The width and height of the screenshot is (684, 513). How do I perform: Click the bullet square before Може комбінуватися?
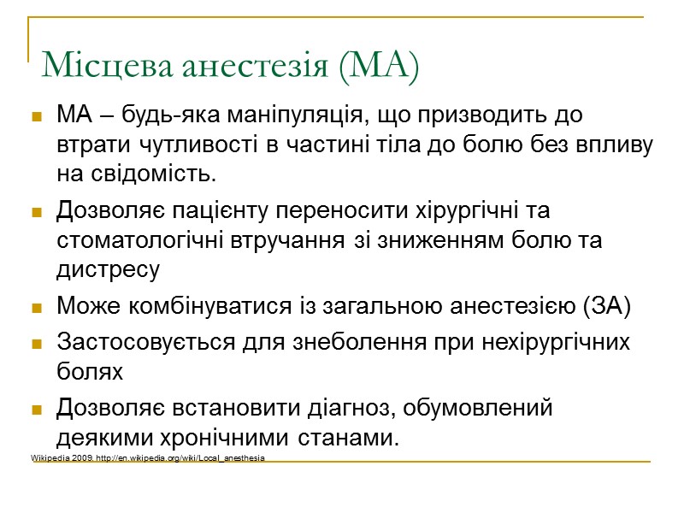[37, 307]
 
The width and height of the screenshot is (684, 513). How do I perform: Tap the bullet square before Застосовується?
[37, 344]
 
